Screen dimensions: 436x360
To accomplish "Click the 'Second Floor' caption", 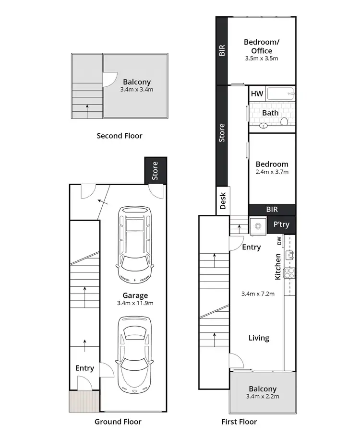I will click(120, 136).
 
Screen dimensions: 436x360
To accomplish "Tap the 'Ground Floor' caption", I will click(118, 422).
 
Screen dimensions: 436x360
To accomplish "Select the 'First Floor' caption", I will click(239, 422).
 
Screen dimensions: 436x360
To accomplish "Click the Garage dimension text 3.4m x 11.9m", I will click(135, 303).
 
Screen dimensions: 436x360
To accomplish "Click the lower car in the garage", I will click(135, 354).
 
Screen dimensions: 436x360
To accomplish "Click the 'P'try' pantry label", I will click(281, 224).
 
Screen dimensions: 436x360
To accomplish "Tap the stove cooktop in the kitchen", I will click(289, 273).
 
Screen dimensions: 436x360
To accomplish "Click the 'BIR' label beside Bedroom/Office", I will click(222, 51).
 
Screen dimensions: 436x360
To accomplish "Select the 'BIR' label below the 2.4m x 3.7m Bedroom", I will click(272, 210).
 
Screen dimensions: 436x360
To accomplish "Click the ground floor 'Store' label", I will click(155, 171).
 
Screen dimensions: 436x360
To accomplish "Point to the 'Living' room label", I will click(259, 338).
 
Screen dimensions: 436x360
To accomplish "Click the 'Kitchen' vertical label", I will click(277, 267).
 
